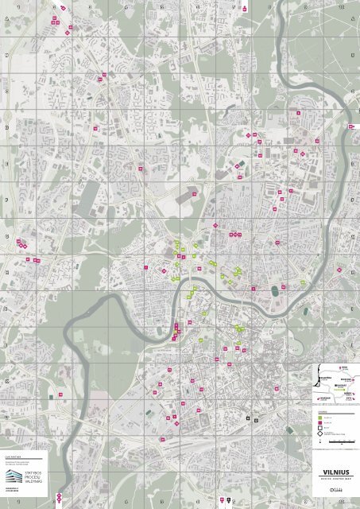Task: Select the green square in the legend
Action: pyautogui.click(x=319, y=417)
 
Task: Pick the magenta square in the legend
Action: pyautogui.click(x=319, y=422)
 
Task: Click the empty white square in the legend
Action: pyautogui.click(x=319, y=429)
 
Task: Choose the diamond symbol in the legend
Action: pyautogui.click(x=319, y=435)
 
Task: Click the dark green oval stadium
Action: pyautogui.click(x=275, y=290)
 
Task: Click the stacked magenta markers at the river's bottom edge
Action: pyautogui.click(x=58, y=499)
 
